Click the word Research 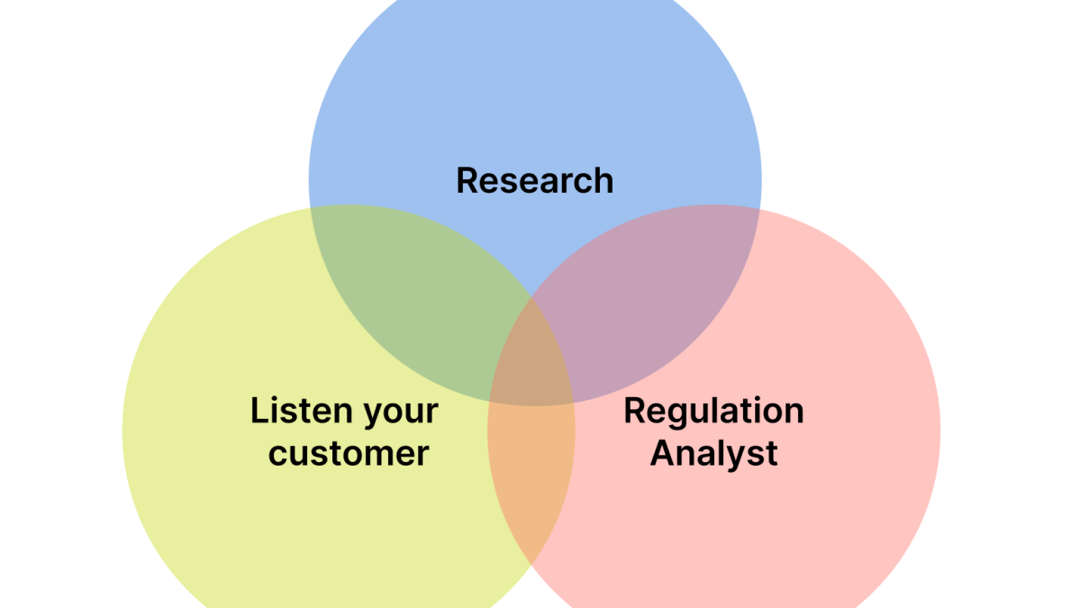(x=534, y=180)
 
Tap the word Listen (x=300, y=411)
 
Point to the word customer (x=348, y=453)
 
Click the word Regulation (x=713, y=412)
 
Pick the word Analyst (x=713, y=453)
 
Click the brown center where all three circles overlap (x=532, y=360)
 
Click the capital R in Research (x=467, y=180)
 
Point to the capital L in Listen (x=259, y=411)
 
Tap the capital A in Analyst (x=663, y=452)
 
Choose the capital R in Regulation (x=634, y=411)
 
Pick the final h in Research (x=604, y=180)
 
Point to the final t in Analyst (x=771, y=453)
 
